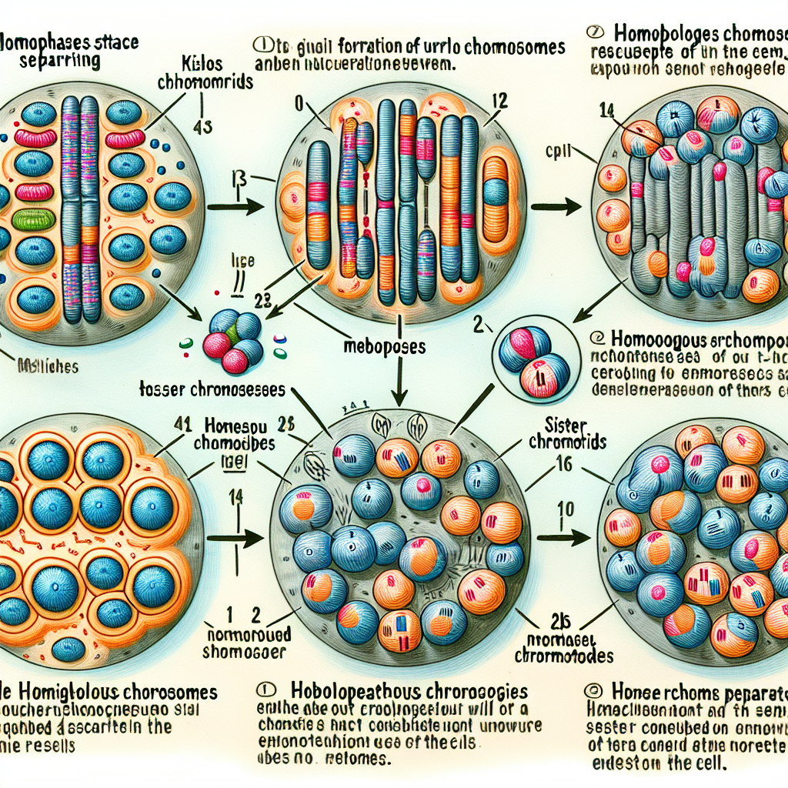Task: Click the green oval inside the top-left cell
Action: click(32, 219)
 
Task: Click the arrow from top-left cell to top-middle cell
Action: click(229, 206)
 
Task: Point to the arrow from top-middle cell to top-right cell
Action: click(555, 206)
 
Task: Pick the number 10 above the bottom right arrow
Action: click(565, 509)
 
